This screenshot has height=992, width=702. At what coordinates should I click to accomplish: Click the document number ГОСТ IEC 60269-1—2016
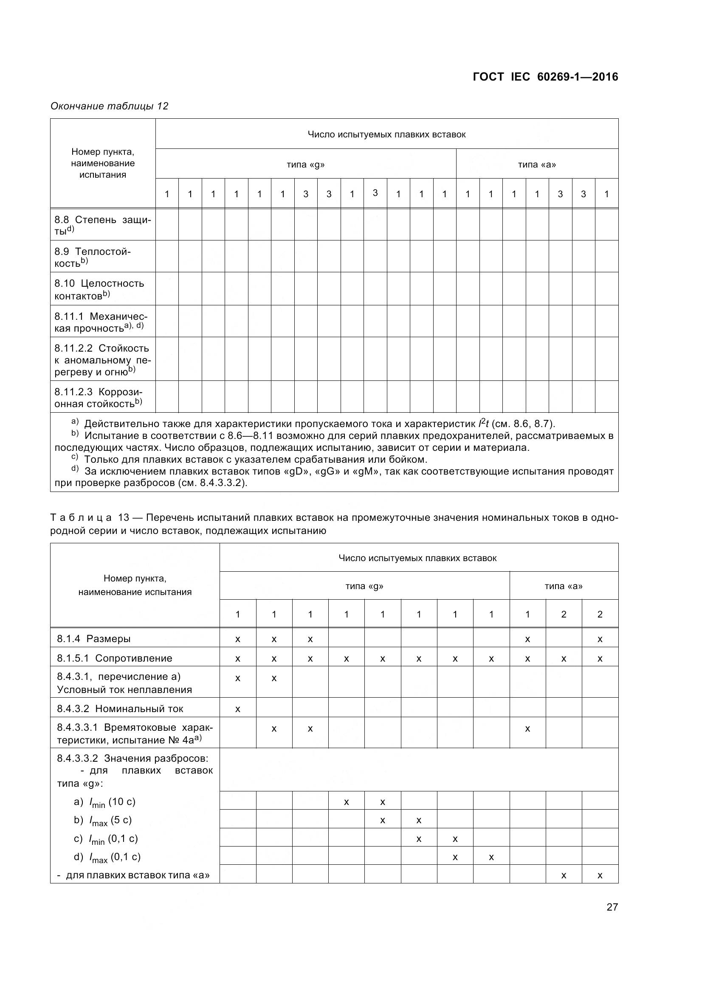pos(545,77)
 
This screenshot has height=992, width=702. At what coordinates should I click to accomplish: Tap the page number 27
pos(612,906)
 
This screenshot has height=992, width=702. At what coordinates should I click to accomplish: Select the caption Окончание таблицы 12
pos(110,106)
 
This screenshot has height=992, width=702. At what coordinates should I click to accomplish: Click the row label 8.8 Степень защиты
pos(102,225)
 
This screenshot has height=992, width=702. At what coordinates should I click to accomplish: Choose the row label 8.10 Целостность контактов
pos(99,289)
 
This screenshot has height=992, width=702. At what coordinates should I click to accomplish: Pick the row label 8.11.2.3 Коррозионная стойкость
pos(98,397)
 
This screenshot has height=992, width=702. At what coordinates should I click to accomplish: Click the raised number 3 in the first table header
pos(375,193)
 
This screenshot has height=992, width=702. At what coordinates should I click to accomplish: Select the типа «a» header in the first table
pos(537,164)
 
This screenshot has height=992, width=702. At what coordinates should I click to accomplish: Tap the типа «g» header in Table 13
pos(364,586)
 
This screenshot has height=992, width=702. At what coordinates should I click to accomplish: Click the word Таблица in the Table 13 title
pos(81,517)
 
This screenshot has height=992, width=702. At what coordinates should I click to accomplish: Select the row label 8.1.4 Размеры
pos(94,639)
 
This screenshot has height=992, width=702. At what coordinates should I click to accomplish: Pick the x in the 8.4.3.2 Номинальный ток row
pos(237,709)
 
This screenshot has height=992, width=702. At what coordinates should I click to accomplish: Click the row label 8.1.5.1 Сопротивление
pos(115,658)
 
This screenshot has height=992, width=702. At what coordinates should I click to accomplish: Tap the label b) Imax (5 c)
pos(102,820)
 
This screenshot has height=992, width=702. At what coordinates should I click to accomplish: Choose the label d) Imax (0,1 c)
pos(107,857)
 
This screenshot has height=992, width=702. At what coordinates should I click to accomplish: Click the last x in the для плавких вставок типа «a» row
pos(600,876)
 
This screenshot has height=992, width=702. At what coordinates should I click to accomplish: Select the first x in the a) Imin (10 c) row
pos(346,802)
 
